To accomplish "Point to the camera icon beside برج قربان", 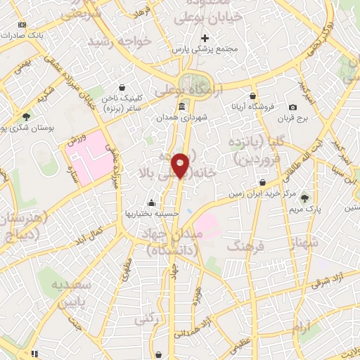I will (x=293, y=107).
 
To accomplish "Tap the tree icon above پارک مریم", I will (x=304, y=199).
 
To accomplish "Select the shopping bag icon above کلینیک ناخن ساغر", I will (x=123, y=89).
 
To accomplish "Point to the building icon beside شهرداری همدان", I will (x=182, y=106).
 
